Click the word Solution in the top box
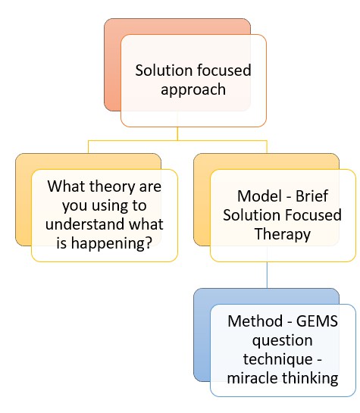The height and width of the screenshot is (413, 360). click(161, 70)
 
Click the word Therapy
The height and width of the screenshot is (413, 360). click(281, 234)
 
